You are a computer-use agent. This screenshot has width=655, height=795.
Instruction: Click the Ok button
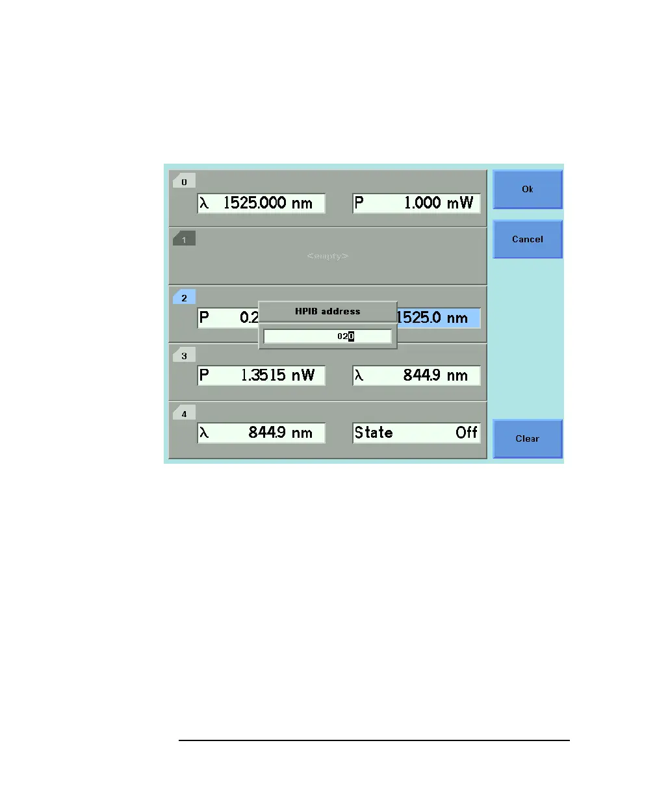(x=527, y=189)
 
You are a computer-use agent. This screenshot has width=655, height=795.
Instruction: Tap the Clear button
(x=527, y=438)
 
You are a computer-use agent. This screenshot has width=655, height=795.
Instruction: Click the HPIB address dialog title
(x=327, y=311)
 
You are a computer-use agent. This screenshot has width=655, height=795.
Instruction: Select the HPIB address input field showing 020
(x=327, y=336)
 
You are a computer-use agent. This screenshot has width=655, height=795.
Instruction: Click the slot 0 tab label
(x=184, y=182)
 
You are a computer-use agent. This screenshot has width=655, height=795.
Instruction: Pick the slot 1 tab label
(x=184, y=240)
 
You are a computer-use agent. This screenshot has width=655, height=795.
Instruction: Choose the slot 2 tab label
(x=184, y=297)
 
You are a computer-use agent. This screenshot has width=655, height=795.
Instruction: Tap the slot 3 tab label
(x=184, y=355)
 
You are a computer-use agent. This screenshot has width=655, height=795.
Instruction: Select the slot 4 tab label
(x=184, y=413)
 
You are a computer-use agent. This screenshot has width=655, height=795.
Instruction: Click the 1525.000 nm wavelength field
(x=261, y=203)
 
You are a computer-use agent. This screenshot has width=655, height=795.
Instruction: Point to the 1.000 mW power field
(x=417, y=203)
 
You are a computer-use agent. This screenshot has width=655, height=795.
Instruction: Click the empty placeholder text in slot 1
(x=327, y=257)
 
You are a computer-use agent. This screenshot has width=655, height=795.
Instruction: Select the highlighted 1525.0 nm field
(x=439, y=318)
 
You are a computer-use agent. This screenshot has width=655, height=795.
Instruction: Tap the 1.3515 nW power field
(x=261, y=375)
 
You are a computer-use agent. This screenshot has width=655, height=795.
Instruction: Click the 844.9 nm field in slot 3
(x=417, y=375)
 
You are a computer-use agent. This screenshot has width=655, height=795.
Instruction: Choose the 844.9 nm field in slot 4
(x=261, y=433)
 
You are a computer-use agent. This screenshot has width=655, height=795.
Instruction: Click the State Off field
(x=417, y=433)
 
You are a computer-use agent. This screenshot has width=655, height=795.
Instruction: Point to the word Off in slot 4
(x=466, y=433)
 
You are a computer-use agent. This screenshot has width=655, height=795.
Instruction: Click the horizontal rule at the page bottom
(x=374, y=740)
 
